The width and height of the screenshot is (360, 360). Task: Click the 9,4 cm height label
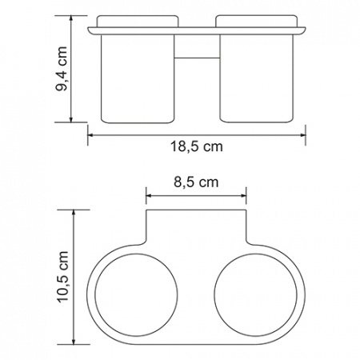pyautogui.click(x=62, y=69)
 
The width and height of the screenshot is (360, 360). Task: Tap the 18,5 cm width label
pyautogui.click(x=197, y=146)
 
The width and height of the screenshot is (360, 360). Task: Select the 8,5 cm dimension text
pyautogui.click(x=197, y=182)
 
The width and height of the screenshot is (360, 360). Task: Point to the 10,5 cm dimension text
pyautogui.click(x=63, y=276)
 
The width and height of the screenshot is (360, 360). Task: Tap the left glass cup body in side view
pyautogui.click(x=138, y=79)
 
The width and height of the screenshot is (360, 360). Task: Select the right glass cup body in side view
pyautogui.click(x=256, y=79)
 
